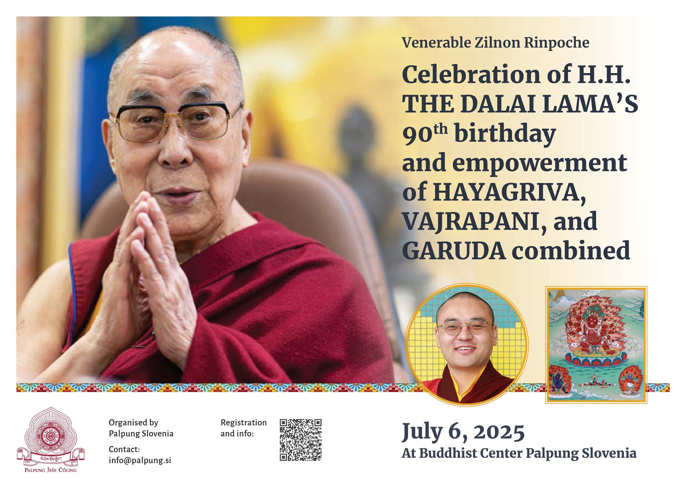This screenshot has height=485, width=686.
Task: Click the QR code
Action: [300, 440]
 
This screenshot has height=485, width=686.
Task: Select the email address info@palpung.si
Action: [140, 460]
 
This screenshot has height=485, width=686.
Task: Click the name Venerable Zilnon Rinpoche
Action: [495, 43]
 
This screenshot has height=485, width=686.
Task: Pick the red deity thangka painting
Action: [596, 344]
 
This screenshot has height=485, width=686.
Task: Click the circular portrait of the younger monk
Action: [467, 344]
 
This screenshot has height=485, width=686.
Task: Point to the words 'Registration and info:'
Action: [244, 428]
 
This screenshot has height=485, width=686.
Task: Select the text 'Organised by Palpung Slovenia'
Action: [141, 428]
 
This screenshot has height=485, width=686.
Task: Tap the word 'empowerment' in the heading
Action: [539, 163]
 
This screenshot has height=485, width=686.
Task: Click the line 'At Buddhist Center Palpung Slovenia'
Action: [519, 453]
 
